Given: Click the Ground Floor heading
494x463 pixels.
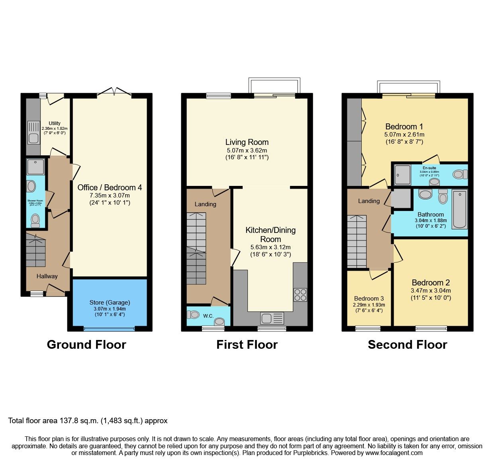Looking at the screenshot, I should pos(86,344).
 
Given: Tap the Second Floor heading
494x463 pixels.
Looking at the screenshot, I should pos(407,344).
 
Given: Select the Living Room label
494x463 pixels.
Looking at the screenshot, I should pos(247,142).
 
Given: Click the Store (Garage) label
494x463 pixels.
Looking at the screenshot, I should pos(110,302).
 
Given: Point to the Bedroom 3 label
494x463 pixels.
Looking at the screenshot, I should pos(369,298).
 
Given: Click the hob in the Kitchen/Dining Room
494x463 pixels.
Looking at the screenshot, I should pos(300,295).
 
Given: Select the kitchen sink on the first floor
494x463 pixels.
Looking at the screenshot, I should pos(272,318).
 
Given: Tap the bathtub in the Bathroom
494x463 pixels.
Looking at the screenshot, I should pos(460,209).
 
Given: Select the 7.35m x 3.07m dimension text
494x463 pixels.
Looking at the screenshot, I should pos(110,195).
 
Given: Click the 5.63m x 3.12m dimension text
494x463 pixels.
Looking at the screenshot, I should pos(271,247).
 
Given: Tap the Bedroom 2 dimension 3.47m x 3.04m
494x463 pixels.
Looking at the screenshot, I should pos(431,291).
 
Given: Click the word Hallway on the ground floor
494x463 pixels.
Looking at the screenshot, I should pos(47,276).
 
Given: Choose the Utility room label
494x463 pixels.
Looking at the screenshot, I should pos(55,123).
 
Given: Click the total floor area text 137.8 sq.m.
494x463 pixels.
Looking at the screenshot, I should pos(88,421).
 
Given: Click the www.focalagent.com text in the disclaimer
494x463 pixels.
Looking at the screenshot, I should pos(394,453).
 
